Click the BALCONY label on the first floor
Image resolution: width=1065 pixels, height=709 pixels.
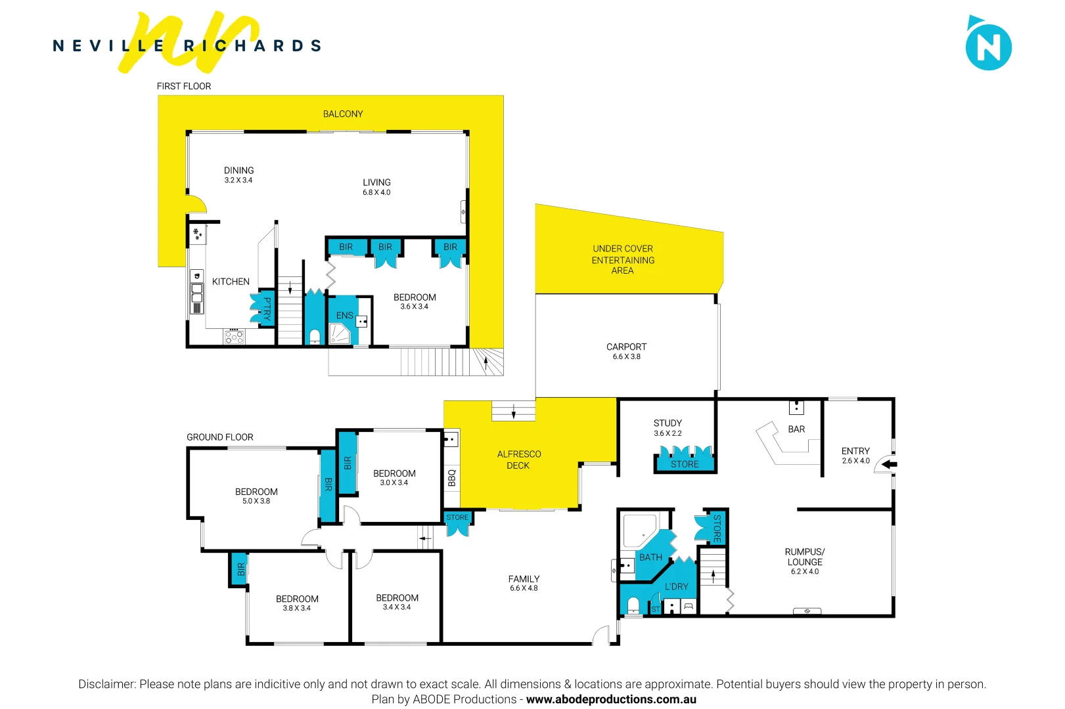pyautogui.click(x=342, y=114)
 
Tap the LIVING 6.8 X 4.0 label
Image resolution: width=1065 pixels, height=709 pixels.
pyautogui.click(x=376, y=187)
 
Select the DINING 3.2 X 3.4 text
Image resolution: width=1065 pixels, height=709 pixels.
pyautogui.click(x=238, y=175)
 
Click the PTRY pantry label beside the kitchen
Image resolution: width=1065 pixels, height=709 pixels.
pyautogui.click(x=267, y=309)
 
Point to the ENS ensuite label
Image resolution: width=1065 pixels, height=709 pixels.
pyautogui.click(x=344, y=316)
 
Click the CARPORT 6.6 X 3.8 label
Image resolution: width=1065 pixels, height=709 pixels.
pyautogui.click(x=626, y=351)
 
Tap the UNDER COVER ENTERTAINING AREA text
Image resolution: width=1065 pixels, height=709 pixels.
pyautogui.click(x=623, y=259)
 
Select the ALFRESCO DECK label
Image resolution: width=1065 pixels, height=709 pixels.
pyautogui.click(x=518, y=460)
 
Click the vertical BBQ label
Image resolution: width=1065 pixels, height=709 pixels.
pyautogui.click(x=451, y=477)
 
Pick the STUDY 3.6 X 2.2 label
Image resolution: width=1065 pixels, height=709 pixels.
pyautogui.click(x=668, y=428)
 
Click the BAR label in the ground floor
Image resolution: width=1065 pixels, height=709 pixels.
pyautogui.click(x=796, y=429)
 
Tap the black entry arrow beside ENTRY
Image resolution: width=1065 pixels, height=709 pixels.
pyautogui.click(x=889, y=465)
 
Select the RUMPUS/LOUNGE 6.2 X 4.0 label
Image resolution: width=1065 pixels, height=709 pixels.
pyautogui.click(x=805, y=561)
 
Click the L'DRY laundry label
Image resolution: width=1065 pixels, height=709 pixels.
pyautogui.click(x=676, y=587)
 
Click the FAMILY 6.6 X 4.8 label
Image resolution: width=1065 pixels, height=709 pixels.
pyautogui.click(x=524, y=583)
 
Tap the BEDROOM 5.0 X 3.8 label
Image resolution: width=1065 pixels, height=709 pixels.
pyautogui.click(x=256, y=496)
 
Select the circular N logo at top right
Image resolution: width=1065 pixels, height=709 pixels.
pyautogui.click(x=988, y=47)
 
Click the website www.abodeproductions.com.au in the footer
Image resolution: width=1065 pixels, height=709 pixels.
pyautogui.click(x=611, y=700)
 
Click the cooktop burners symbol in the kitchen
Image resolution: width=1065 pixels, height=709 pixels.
pyautogui.click(x=234, y=337)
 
